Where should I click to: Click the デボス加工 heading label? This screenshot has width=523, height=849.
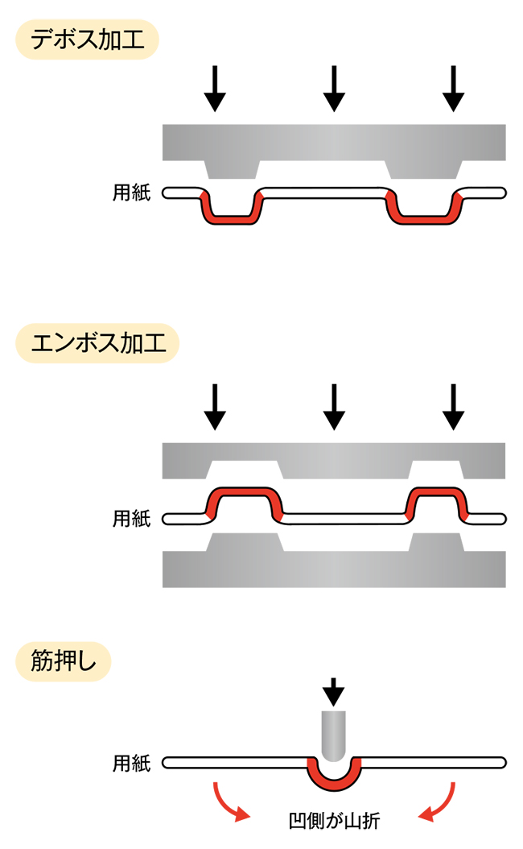point(86,39)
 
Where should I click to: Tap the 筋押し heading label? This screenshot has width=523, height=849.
point(64,664)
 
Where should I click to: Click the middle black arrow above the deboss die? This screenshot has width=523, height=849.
point(333,88)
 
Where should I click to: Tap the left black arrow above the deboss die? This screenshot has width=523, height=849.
point(214,88)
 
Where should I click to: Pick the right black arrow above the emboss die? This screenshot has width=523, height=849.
point(454,407)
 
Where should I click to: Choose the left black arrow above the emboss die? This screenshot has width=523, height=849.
point(214,407)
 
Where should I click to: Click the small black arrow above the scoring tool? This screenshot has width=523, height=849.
point(333,692)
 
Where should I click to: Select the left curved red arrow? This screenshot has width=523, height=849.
point(226,803)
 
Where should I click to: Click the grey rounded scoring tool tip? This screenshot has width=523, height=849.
point(333,735)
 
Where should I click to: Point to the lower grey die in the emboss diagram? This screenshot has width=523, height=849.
point(333,567)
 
